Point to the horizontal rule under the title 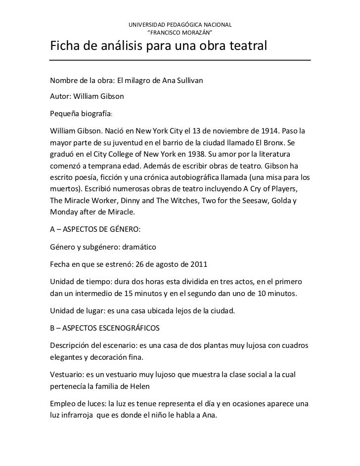click(x=180, y=60)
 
